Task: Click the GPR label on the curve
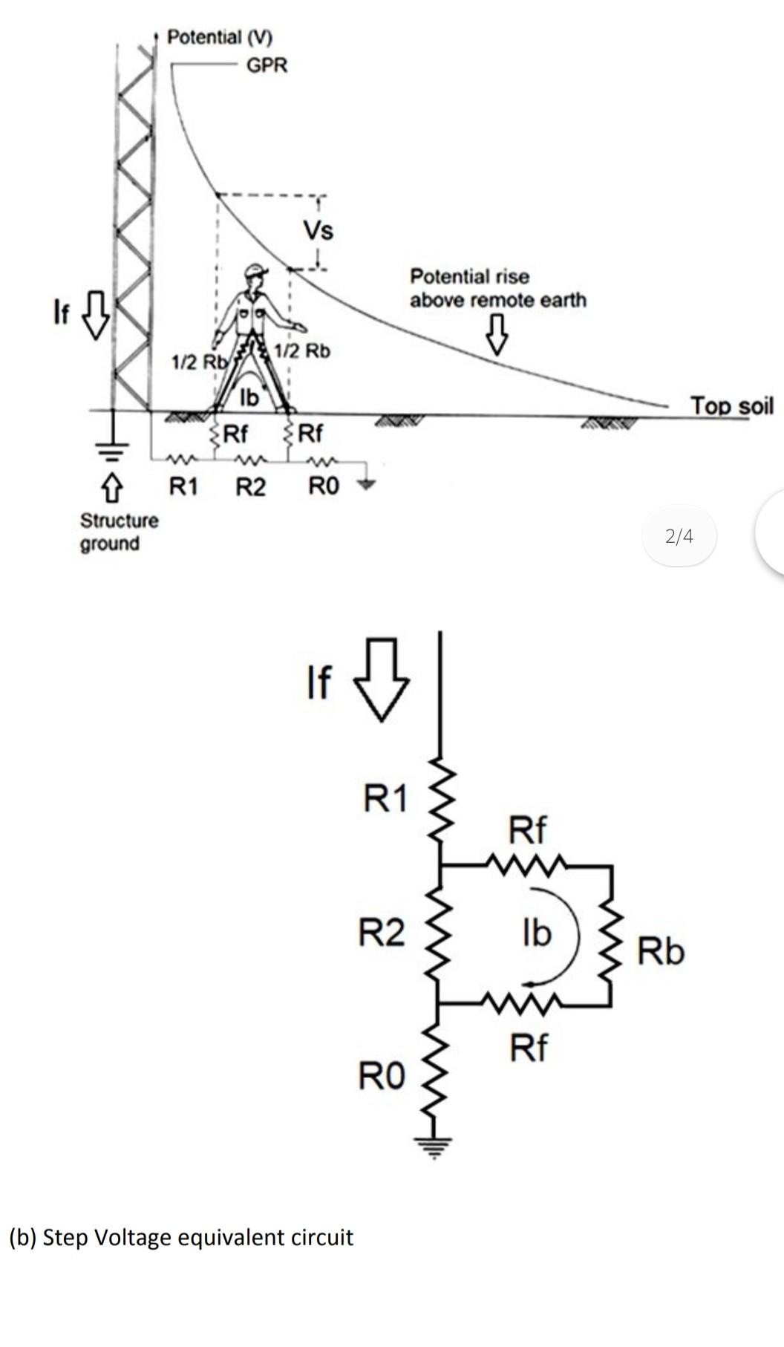[267, 65]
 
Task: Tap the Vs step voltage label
[318, 230]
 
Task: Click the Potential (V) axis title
[220, 36]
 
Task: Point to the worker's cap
[255, 271]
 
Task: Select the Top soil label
[731, 405]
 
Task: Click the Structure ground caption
[119, 532]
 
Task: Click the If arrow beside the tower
[95, 314]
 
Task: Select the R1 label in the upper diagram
[184, 487]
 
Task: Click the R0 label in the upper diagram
[324, 486]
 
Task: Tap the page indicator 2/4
[679, 535]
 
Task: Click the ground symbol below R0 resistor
[440, 1147]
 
